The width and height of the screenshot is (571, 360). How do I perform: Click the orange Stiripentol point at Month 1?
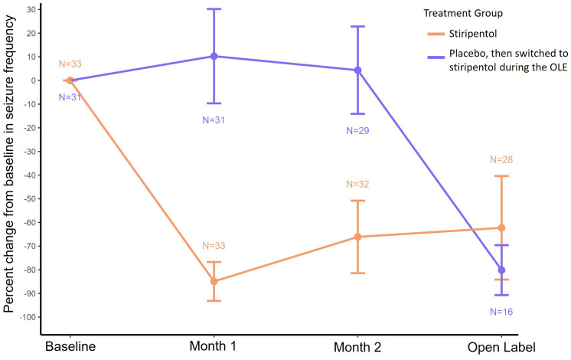[214, 281]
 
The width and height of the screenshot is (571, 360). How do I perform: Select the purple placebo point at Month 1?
[214, 56]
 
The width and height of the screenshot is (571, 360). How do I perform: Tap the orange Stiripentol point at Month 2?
[357, 237]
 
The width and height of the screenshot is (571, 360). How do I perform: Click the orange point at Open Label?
[501, 227]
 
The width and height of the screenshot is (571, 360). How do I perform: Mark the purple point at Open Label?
[501, 270]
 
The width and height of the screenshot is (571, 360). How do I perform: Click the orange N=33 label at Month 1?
[214, 246]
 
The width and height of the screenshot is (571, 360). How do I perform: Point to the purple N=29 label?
[357, 131]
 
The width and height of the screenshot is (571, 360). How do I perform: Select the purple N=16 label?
[501, 312]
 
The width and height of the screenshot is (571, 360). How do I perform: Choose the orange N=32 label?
[357, 185]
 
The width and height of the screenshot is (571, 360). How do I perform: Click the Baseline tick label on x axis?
[70, 345]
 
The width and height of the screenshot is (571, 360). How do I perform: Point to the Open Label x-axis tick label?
[501, 345]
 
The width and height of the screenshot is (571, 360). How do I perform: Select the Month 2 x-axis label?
[357, 345]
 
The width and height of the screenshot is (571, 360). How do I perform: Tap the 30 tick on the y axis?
[34, 9]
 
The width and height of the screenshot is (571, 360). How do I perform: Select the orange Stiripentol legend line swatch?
[438, 32]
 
